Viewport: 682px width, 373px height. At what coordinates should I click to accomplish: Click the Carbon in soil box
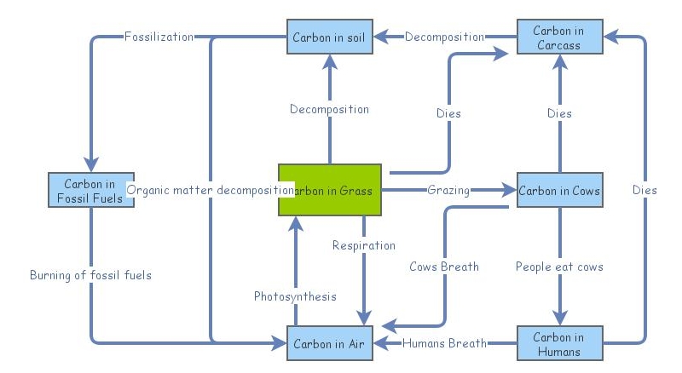[329, 37]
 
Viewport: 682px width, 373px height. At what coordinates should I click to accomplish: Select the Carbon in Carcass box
[559, 37]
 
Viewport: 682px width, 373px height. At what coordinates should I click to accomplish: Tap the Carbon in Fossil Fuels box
[90, 191]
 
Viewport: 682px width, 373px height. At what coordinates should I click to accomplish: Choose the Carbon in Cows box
[559, 191]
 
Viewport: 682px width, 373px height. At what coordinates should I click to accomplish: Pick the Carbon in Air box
[329, 344]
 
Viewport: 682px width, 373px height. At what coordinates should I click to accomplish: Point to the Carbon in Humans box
[559, 344]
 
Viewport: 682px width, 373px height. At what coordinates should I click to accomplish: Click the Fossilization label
[159, 37]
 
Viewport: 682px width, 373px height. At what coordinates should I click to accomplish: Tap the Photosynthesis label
[295, 296]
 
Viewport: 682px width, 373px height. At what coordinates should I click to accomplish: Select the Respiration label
[364, 245]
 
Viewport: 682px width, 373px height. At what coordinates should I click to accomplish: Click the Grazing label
[448, 190]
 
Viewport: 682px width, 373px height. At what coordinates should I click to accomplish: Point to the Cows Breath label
[444, 267]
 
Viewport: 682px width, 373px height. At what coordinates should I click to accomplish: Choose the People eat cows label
[559, 267]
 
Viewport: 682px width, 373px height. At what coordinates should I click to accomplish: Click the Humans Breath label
[444, 344]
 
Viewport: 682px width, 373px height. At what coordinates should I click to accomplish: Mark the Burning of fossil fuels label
[90, 275]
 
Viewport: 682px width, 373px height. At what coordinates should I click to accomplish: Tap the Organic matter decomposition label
[210, 190]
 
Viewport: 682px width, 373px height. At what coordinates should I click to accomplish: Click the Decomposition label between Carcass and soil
[444, 37]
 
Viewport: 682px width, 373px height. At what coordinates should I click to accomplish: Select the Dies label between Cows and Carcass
[559, 113]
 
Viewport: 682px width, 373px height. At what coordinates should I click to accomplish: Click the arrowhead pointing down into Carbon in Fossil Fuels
[90, 164]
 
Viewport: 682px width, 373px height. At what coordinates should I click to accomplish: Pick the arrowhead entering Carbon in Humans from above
[559, 318]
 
